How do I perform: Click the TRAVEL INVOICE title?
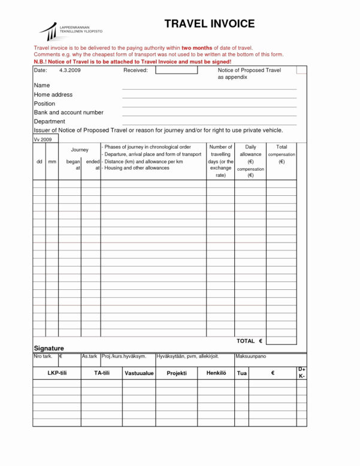tap(210, 24)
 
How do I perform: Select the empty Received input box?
tap(177, 70)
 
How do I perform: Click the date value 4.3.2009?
tap(70, 70)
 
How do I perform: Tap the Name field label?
tap(42, 86)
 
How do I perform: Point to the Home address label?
tap(53, 95)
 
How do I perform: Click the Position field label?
tap(44, 104)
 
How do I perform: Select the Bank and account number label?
tap(69, 113)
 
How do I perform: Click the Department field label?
tap(50, 122)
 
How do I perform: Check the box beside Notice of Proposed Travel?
tap(301, 70)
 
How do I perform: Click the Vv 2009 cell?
tap(43, 139)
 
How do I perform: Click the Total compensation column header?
tap(281, 154)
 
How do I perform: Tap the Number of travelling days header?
tap(220, 161)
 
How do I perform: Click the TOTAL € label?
tap(250, 341)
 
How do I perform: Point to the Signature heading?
tap(49, 348)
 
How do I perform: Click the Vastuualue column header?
tap(139, 373)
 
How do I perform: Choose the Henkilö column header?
tap(216, 373)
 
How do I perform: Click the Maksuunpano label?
tap(251, 356)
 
